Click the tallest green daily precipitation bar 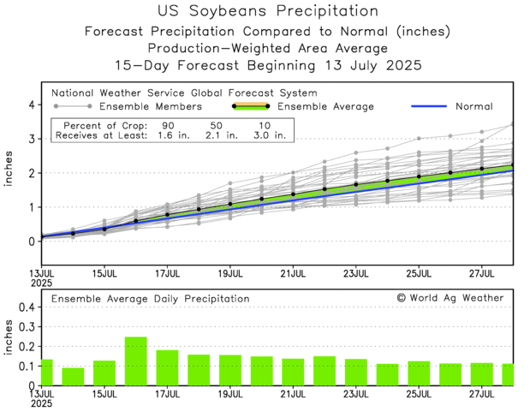click(135, 361)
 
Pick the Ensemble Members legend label click(151, 106)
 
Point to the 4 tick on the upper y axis click(31, 104)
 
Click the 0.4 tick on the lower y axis click(26, 306)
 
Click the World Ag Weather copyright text click(450, 297)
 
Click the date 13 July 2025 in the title click(365, 64)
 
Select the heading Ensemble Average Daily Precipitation click(151, 298)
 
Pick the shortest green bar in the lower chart click(73, 376)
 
